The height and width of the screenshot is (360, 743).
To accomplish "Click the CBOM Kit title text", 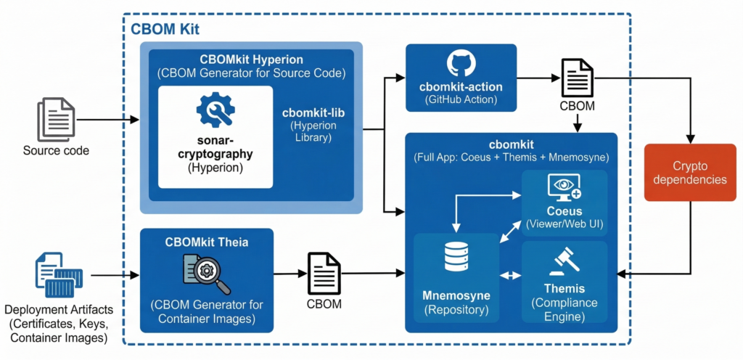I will click(x=165, y=29).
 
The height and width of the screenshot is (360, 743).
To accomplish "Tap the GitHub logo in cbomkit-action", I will click(x=461, y=64).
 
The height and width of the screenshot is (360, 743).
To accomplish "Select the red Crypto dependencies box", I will click(x=689, y=171).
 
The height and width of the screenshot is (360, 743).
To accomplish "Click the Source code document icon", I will click(x=56, y=120).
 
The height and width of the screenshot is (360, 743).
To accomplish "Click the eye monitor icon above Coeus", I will click(x=564, y=188).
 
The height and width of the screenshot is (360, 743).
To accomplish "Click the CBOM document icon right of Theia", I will click(x=324, y=272).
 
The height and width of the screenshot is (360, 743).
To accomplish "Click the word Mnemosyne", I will click(x=456, y=295).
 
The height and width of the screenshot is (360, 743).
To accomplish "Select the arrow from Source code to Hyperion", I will click(x=108, y=120).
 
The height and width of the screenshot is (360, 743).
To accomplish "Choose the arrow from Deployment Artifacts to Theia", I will click(x=115, y=276).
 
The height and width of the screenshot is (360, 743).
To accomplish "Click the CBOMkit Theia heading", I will click(x=207, y=242).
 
